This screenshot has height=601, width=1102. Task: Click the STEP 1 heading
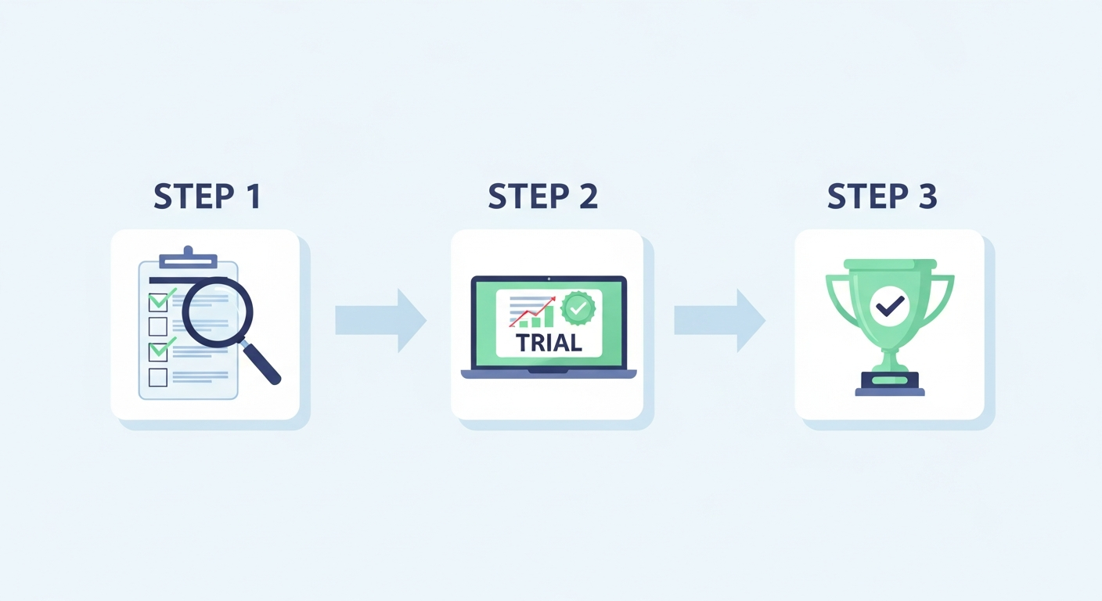point(207,196)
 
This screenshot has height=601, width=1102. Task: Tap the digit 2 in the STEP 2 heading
point(587,196)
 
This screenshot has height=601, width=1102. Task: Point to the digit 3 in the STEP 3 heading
point(926,196)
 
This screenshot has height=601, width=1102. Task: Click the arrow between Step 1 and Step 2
point(381,321)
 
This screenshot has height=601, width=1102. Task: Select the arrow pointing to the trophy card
point(720,321)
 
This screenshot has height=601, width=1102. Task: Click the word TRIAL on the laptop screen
point(549,344)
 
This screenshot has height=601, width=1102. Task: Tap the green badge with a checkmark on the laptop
point(578,308)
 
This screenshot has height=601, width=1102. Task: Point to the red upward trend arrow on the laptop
point(532,311)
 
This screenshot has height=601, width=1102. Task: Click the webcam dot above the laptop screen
point(549,279)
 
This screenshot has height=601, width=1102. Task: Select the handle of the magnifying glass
point(261,363)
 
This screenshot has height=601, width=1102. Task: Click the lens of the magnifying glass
point(218,312)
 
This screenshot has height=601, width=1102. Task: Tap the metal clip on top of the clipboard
point(188,257)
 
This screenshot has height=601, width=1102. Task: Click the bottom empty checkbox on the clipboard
point(158,378)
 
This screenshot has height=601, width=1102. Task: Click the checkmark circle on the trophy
point(889,307)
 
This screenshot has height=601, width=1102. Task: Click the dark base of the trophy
point(890,384)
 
